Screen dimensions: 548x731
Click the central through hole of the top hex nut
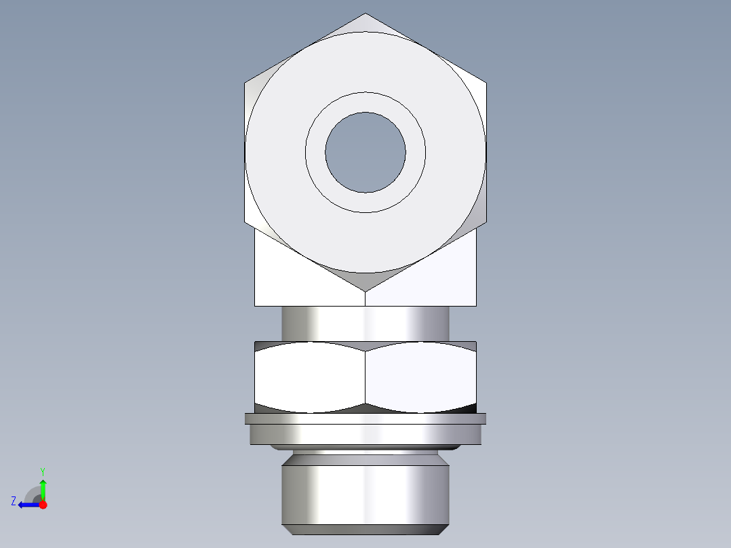pos(365,153)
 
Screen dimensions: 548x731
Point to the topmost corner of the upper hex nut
pos(365,14)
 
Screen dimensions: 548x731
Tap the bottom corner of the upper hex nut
pos(365,292)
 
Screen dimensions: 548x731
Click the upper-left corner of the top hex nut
pos(245,83)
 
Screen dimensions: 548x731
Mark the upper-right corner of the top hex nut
pos(486,83)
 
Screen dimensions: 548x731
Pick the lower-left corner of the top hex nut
pos(245,222)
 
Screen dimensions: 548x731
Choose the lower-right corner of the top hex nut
pos(486,222)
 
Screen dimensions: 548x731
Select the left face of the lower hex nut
pos(310,376)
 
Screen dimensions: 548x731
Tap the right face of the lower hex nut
pos(420,376)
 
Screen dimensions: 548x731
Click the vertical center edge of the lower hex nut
pos(365,376)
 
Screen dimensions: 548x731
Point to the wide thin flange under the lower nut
pos(365,419)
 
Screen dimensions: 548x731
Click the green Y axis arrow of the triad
pos(43,487)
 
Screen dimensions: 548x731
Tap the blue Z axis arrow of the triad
pos(27,505)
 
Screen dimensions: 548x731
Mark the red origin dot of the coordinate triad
pos(43,505)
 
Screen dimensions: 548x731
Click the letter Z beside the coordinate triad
pos(14,501)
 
